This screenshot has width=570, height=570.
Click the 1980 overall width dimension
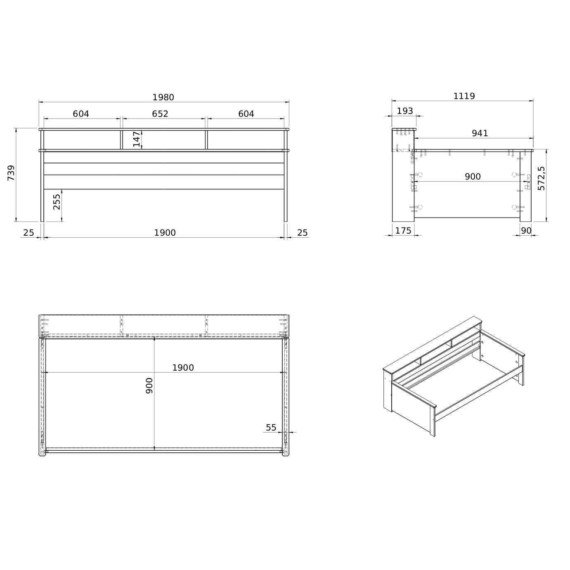click(x=163, y=97)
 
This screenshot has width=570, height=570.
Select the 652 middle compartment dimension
click(x=160, y=114)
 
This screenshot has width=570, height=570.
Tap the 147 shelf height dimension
click(x=136, y=139)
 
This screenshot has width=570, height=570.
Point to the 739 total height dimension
click(x=11, y=173)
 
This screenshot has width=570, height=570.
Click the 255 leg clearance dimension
click(x=57, y=202)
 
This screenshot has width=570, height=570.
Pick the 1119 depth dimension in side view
click(x=464, y=96)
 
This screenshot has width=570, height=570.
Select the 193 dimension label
click(x=404, y=111)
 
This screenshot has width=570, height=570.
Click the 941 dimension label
click(x=480, y=133)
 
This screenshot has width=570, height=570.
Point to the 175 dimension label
click(x=403, y=231)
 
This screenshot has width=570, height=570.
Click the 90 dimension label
click(x=526, y=231)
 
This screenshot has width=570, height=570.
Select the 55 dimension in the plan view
click(x=271, y=428)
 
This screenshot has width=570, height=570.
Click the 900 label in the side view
click(x=473, y=177)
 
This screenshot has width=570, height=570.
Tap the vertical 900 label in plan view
click(x=149, y=386)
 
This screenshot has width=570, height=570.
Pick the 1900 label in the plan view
click(x=183, y=368)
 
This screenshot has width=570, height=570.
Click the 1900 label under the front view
click(x=165, y=233)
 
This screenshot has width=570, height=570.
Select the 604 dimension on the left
click(x=81, y=114)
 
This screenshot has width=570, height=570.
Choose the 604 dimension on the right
click(x=246, y=114)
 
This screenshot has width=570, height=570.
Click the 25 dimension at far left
click(x=29, y=233)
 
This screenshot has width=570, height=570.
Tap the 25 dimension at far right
click(x=302, y=233)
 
